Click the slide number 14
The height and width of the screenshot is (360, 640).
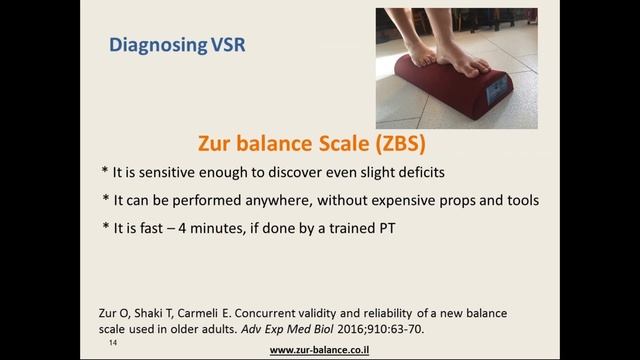(114, 341)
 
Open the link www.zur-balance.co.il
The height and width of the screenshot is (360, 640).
(329, 350)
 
